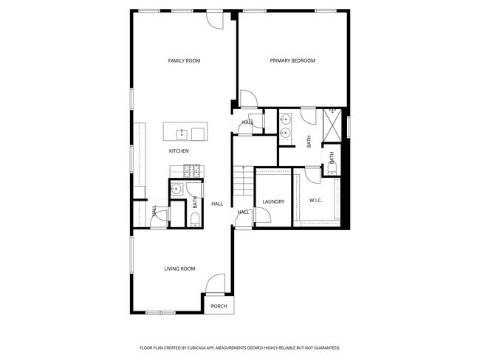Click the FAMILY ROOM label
(184, 60)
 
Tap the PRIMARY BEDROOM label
(292, 60)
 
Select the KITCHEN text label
(179, 151)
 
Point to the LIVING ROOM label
(179, 269)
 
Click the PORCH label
(219, 306)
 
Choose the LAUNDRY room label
(273, 201)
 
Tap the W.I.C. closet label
(315, 201)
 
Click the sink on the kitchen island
(182, 134)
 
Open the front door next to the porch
(215, 284)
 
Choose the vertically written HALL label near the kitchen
(154, 210)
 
